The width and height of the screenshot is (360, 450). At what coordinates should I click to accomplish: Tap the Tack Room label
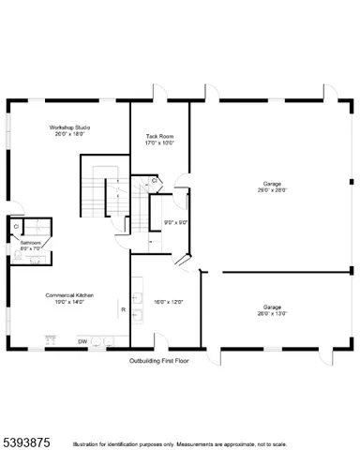pos(159,137)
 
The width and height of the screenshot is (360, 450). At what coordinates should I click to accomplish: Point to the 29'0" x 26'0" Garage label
pos(272,184)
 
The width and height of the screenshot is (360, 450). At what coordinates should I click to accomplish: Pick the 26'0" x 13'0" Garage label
pos(272,307)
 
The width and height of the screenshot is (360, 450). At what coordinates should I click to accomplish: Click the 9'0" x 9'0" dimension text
pos(176,222)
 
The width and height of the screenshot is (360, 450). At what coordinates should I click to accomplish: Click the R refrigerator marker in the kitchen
pos(123,308)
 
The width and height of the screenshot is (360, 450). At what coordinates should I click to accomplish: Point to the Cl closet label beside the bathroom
pos(16,226)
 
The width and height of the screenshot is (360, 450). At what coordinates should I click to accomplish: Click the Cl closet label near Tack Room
pos(155,181)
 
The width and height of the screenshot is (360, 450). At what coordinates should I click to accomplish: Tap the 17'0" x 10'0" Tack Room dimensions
pos(159,143)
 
